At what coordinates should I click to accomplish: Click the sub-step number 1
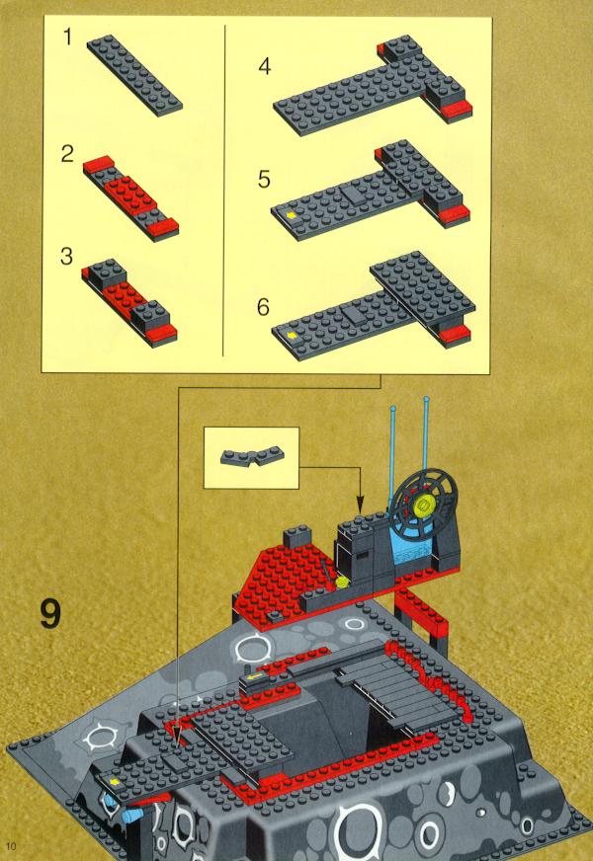click(67, 38)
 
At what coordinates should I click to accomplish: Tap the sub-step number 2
click(67, 153)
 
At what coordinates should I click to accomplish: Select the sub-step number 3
click(66, 257)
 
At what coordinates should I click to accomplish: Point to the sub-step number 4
click(264, 66)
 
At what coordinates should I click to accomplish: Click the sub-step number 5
click(264, 180)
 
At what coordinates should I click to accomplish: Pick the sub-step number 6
click(264, 307)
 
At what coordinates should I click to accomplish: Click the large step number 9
click(50, 614)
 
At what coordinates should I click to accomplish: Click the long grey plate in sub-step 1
click(134, 75)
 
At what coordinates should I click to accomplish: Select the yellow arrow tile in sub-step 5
click(291, 215)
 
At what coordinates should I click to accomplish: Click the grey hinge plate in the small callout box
click(252, 457)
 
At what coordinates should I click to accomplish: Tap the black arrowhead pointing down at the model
click(360, 505)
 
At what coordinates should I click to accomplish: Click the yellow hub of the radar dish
click(424, 503)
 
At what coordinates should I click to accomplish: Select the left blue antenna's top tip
click(392, 408)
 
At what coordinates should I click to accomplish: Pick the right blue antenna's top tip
click(425, 399)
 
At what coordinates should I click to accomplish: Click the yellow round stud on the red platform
click(342, 582)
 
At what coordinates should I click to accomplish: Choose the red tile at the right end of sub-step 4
click(456, 110)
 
